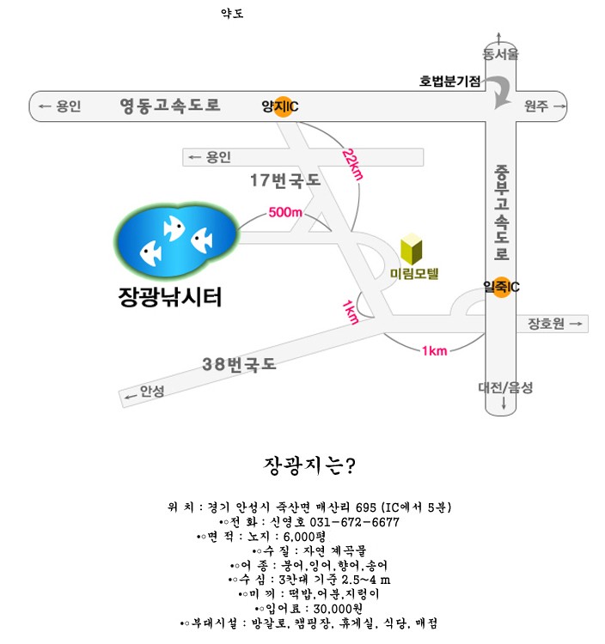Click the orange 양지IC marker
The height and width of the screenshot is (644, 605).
pos(281,106)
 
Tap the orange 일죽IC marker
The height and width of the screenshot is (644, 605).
pos(501,287)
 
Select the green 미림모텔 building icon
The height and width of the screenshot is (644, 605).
pos(412,249)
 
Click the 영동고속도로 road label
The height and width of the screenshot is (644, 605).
pos(169,106)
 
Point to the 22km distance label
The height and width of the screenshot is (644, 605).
pos(352,165)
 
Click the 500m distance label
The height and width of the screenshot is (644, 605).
pos(285,212)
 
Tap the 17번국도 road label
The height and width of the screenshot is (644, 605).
pos(284,180)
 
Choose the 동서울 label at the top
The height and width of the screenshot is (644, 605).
pos(501,54)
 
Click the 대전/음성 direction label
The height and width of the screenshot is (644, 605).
pos(505,388)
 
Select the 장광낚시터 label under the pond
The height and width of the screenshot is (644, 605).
pos(170,297)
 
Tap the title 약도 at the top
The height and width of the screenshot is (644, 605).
pos(232,13)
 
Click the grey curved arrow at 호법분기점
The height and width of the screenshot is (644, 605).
pos(499,90)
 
